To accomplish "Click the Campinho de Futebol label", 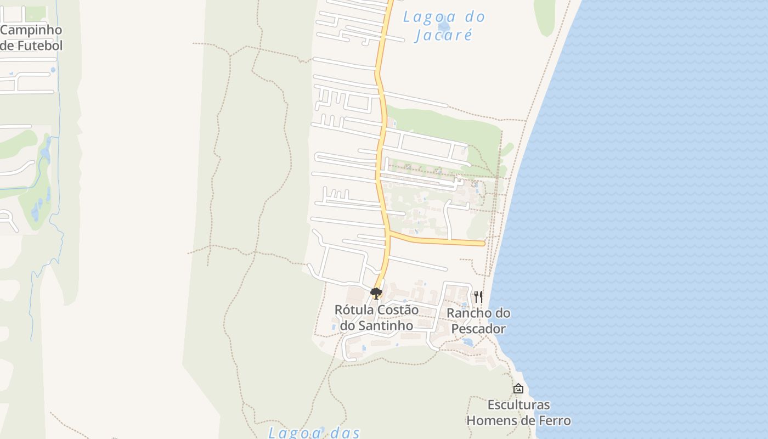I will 31,37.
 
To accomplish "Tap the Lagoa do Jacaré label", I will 444,26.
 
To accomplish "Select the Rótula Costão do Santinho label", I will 376,318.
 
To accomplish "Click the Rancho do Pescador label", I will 478,321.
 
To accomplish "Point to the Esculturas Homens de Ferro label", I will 518,413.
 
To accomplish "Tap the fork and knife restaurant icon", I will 478,297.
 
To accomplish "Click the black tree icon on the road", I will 376,294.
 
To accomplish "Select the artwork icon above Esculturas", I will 518,389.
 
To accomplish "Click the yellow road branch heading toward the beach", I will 439,240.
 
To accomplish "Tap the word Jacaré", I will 444,35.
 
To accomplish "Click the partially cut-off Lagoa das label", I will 314,432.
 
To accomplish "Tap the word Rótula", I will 354,310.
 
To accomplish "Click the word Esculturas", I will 518,405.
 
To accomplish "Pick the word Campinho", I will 31,30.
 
